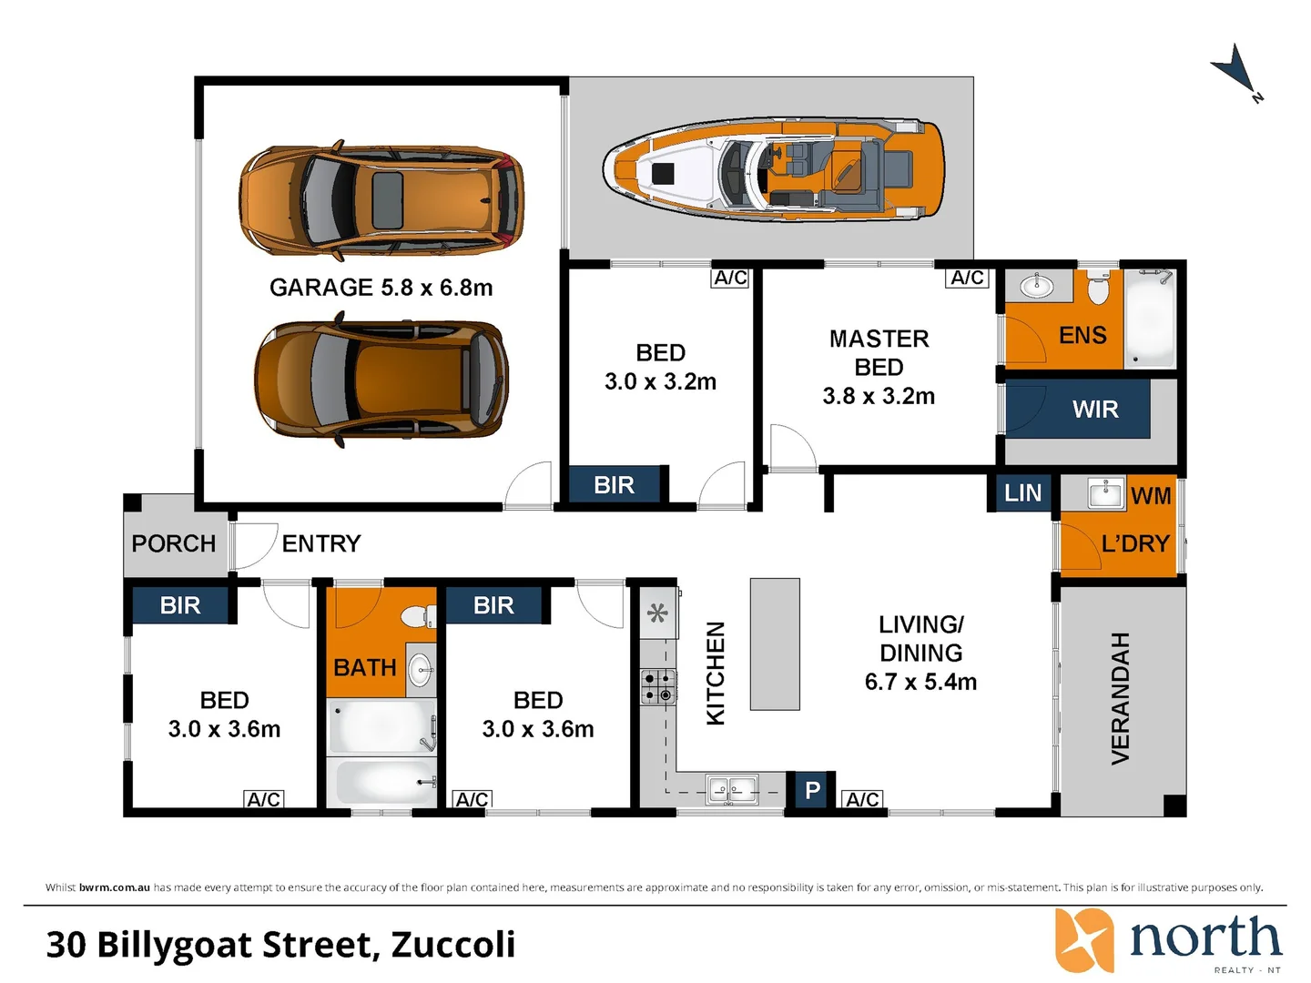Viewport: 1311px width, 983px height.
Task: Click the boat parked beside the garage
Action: [774, 169]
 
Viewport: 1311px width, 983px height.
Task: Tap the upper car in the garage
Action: [382, 200]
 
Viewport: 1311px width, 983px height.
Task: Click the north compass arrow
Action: [1236, 73]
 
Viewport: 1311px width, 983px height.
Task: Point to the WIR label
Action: [1095, 410]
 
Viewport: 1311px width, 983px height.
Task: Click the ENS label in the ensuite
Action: [1082, 336]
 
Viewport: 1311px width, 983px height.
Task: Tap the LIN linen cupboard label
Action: [1022, 493]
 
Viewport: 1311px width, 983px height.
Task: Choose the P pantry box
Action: [812, 791]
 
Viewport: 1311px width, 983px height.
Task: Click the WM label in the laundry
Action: [1151, 496]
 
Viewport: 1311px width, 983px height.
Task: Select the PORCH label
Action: [173, 543]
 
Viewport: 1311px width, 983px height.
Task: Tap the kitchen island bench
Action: [775, 644]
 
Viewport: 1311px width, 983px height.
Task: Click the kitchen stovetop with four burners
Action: [658, 686]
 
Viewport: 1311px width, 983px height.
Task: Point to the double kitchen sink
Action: [732, 791]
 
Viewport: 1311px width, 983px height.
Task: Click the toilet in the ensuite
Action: [1098, 287]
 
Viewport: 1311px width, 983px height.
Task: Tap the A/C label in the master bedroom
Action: [967, 278]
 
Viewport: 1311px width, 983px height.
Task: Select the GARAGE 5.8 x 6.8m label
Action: [381, 288]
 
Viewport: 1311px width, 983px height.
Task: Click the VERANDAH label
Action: [1120, 698]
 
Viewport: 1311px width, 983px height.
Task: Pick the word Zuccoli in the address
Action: [452, 944]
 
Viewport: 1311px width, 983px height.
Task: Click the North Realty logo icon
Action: [1084, 940]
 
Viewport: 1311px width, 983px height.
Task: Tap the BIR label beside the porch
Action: [179, 606]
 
